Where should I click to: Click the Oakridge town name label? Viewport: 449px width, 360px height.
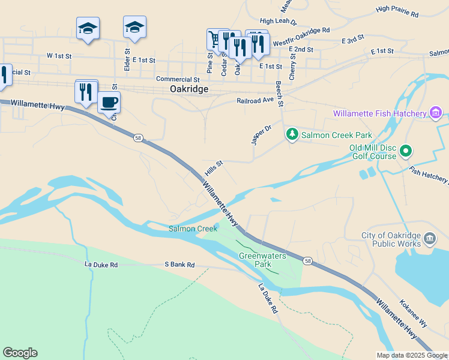pyautogui.click(x=189, y=89)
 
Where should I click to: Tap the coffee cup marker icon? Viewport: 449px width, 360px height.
pyautogui.click(x=109, y=102)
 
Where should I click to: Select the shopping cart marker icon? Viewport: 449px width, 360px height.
pyautogui.click(x=214, y=39)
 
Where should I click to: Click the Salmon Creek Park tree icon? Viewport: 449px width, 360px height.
pyautogui.click(x=292, y=134)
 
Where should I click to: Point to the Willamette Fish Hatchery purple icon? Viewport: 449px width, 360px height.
pyautogui.click(x=436, y=113)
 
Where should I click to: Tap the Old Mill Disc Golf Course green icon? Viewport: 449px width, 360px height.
pyautogui.click(x=406, y=151)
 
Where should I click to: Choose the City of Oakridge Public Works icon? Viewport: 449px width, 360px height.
pyautogui.click(x=430, y=239)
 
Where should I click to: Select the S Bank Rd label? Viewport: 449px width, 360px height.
pyautogui.click(x=179, y=265)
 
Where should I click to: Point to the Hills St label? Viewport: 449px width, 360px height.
pyautogui.click(x=214, y=167)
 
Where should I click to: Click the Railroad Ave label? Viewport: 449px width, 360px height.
pyautogui.click(x=255, y=101)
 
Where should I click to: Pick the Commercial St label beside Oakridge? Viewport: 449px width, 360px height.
pyautogui.click(x=178, y=79)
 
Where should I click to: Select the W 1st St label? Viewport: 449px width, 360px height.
pyautogui.click(x=59, y=55)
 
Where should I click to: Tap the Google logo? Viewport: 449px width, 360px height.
pyautogui.click(x=20, y=353)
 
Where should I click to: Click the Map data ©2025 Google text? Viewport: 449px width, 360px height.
pyautogui.click(x=412, y=355)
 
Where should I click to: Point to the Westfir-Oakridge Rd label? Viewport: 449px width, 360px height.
pyautogui.click(x=301, y=37)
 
